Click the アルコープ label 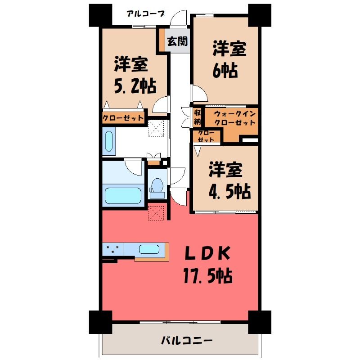click(145, 14)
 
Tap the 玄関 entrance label click(177, 41)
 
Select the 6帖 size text click(225, 70)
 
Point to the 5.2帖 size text click(135, 86)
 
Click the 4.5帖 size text click(229, 191)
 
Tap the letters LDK click(207, 253)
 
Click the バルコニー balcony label click(186, 341)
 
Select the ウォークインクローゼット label click(234, 118)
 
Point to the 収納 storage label click(198, 117)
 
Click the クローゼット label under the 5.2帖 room click(123, 118)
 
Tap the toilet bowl click(157, 185)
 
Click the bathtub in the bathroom click(123, 195)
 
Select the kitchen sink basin click(149, 249)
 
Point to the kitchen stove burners click(112, 249)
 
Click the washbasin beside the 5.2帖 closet click(109, 140)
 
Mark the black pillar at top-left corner click(100, 15)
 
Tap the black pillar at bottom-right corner click(260, 322)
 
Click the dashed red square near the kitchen click(156, 213)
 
